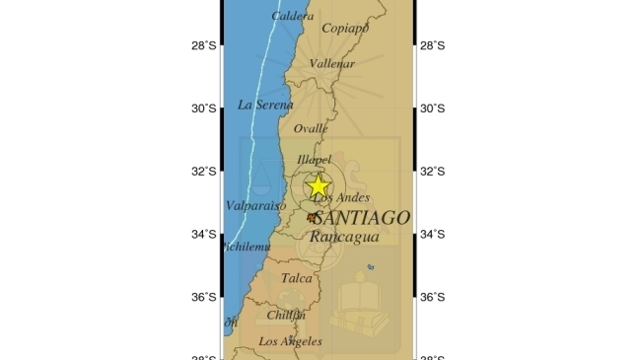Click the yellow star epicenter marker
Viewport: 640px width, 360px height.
[319, 185]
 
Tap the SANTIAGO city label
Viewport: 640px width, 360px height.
[359, 218]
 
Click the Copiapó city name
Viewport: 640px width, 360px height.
[345, 28]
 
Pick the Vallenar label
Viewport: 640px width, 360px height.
[331, 63]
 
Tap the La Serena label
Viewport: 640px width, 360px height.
[265, 105]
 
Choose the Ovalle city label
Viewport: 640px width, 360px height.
[311, 128]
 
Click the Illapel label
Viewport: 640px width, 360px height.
[314, 160]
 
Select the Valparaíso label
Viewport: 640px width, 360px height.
[255, 206]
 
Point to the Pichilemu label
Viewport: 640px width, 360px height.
[247, 247]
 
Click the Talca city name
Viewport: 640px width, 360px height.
[296, 278]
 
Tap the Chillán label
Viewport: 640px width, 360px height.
[286, 315]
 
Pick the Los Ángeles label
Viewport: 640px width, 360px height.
[290, 341]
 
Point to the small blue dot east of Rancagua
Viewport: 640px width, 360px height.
[371, 267]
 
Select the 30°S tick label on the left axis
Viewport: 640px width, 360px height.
[203, 108]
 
